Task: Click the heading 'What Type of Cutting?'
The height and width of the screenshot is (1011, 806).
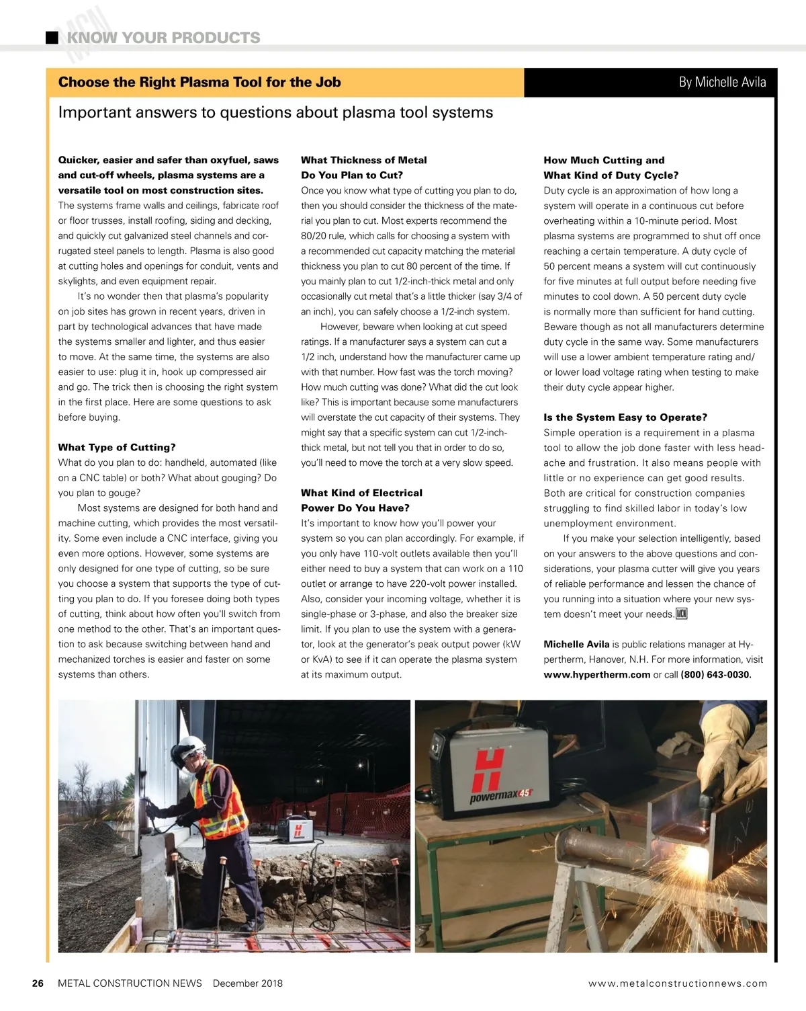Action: pyautogui.click(x=117, y=448)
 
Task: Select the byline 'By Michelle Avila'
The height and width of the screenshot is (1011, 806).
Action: pyautogui.click(x=722, y=82)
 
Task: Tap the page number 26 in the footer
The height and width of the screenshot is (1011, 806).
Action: pyautogui.click(x=38, y=983)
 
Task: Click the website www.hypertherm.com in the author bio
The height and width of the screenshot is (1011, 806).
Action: pyautogui.click(x=596, y=675)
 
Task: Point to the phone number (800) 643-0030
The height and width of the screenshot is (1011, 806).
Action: pyautogui.click(x=715, y=675)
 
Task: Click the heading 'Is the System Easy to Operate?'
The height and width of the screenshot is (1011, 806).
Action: pyautogui.click(x=625, y=417)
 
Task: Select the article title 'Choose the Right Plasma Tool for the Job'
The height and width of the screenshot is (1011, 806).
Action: pyautogui.click(x=199, y=83)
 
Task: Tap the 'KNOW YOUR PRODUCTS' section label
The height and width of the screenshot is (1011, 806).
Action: pyautogui.click(x=163, y=38)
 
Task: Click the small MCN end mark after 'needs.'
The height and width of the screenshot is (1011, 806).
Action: pyautogui.click(x=681, y=614)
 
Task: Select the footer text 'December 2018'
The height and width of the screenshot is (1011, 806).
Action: pyautogui.click(x=247, y=983)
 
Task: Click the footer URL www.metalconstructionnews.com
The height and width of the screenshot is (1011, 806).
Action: pyautogui.click(x=677, y=983)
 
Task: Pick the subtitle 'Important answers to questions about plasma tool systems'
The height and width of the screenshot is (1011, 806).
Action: pyautogui.click(x=275, y=112)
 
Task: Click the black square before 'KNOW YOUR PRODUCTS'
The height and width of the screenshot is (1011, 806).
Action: pyautogui.click(x=52, y=38)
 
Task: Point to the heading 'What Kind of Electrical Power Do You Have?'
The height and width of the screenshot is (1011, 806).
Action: pyautogui.click(x=361, y=500)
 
